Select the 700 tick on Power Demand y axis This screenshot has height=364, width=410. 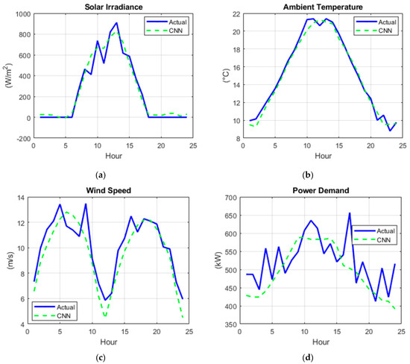[x=223, y=198]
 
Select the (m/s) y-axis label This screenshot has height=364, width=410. [x=9, y=260]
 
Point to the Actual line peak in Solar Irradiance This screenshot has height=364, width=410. [x=116, y=23]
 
